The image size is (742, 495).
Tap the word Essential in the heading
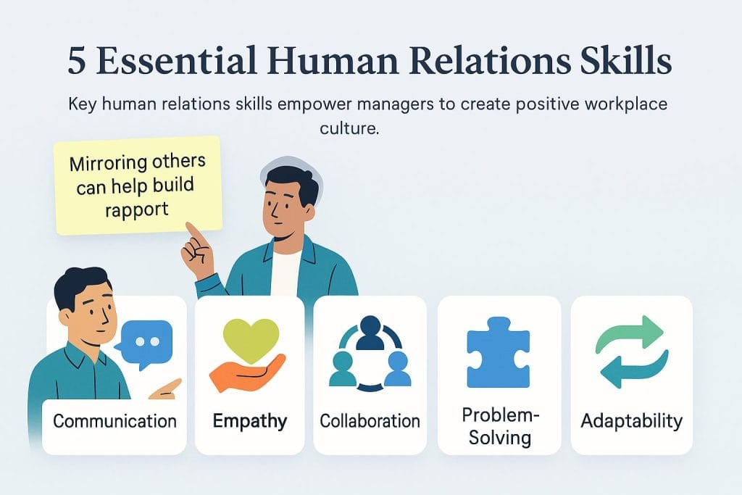pos(186,62)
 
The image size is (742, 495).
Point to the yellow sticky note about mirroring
pos(138,185)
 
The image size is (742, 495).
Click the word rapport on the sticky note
pos(136,209)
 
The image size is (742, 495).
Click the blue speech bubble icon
pos(148,341)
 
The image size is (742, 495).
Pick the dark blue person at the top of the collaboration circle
pos(370,332)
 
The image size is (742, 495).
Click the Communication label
pos(114,421)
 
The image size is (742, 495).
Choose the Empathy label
pos(250,421)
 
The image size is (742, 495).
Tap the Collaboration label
pos(370,421)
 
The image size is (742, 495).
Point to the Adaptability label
pos(631,421)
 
